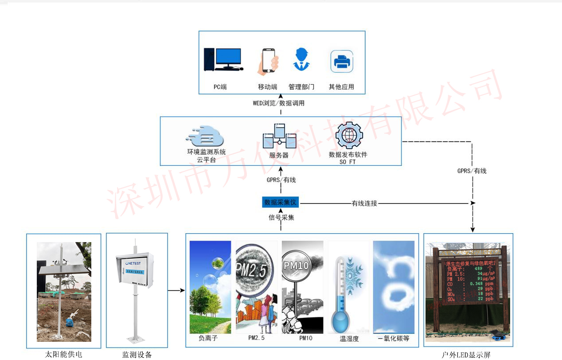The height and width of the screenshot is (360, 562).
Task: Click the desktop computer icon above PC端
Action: tap(223, 59)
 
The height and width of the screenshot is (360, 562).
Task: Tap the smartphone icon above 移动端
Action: tap(268, 61)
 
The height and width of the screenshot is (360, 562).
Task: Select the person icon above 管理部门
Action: tap(301, 60)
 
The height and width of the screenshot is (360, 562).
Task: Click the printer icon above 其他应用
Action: tap(342, 61)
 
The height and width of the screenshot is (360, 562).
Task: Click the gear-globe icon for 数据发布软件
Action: tap(349, 136)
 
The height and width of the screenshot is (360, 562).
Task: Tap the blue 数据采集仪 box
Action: tap(280, 203)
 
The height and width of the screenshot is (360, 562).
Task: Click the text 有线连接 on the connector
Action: tap(364, 203)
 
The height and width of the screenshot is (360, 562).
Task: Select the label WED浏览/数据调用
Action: tap(279, 103)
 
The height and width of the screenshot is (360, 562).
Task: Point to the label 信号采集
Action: tap(281, 218)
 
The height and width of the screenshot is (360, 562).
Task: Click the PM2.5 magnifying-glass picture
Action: tap(257, 287)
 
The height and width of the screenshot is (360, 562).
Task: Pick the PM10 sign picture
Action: tap(302, 287)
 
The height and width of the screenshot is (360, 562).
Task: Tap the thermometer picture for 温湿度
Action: tap(348, 287)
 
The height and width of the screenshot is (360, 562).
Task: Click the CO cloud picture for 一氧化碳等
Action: tap(394, 287)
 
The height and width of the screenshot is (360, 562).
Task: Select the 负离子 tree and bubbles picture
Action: tap(210, 287)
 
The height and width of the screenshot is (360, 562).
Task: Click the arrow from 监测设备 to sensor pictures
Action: tap(176, 291)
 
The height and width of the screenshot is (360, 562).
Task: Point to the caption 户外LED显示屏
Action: tap(466, 355)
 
